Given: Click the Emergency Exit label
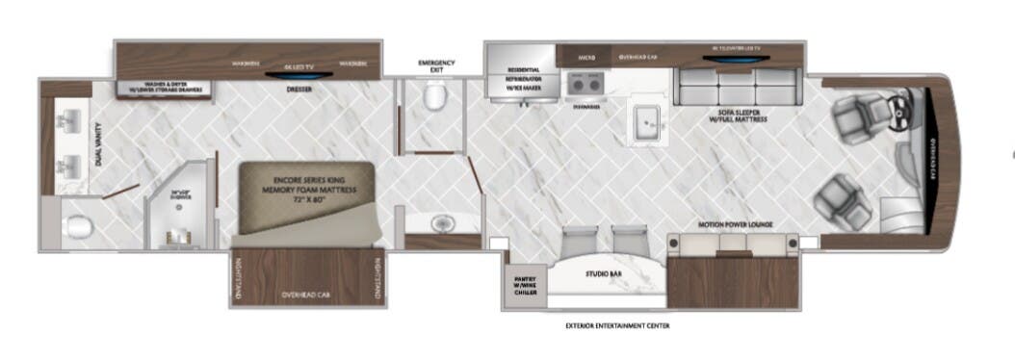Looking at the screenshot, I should click(436, 65).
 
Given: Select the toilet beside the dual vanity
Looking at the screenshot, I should click(77, 227).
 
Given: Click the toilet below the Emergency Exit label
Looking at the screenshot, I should click(435, 96).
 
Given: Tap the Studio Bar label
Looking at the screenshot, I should click(604, 273).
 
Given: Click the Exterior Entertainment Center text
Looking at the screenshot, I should click(617, 325).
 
